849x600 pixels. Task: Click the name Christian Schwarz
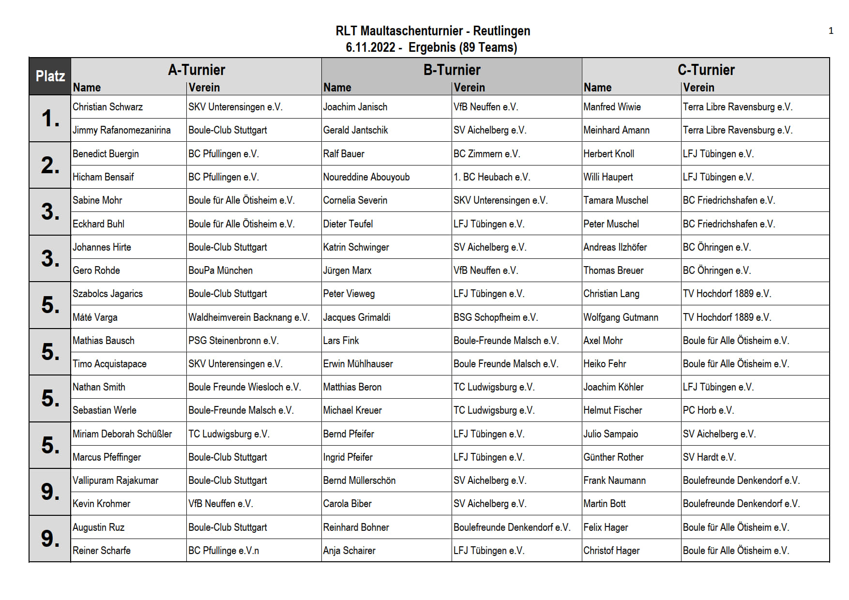(107, 107)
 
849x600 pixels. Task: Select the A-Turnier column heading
(197, 70)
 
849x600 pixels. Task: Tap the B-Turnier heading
(452, 70)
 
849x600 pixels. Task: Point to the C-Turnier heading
(706, 70)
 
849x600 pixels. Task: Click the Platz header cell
(50, 76)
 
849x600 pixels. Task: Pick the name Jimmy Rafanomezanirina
(121, 130)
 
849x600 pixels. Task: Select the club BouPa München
(220, 270)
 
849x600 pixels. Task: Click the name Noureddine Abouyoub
(366, 177)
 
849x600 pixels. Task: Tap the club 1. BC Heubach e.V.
(491, 177)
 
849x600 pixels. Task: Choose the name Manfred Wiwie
(612, 107)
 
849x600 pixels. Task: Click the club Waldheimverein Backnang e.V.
(249, 317)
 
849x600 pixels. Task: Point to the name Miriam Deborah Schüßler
(122, 434)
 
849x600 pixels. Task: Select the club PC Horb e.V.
(708, 410)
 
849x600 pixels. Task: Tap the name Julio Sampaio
(610, 434)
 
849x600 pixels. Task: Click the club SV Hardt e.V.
(709, 457)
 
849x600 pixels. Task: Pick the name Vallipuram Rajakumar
(115, 480)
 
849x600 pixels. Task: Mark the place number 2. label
(50, 165)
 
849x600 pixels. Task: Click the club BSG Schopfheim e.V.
(495, 317)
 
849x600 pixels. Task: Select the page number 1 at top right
(831, 31)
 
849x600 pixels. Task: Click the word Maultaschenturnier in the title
(411, 31)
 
